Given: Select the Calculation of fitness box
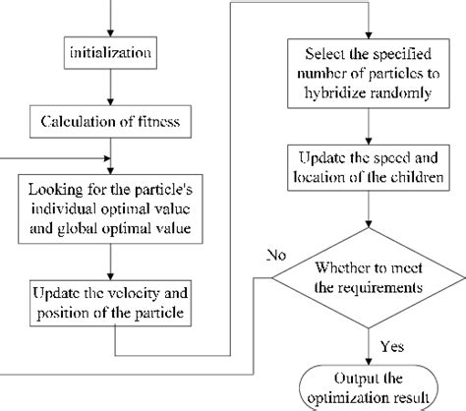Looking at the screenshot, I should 114,122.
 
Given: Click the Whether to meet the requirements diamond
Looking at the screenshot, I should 368,277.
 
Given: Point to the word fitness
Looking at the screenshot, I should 171,123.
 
